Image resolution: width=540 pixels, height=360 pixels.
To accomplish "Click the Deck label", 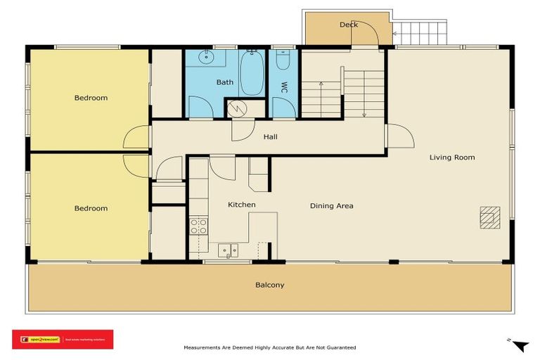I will [x=349, y=25].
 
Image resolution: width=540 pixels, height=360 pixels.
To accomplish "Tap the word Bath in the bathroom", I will [x=225, y=82].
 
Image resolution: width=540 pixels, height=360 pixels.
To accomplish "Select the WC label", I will [x=285, y=88].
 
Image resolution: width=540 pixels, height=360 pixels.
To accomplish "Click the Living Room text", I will [x=452, y=157].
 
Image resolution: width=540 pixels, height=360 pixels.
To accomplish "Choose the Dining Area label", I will [x=332, y=206].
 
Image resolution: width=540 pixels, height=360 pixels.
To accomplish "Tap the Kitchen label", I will [x=241, y=205].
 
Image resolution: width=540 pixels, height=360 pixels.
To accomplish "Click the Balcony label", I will [x=270, y=285].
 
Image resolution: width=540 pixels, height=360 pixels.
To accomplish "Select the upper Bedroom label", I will [x=91, y=98].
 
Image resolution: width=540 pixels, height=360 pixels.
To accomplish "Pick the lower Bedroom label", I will [x=91, y=208].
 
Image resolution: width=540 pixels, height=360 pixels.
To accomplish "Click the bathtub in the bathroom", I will [x=252, y=72].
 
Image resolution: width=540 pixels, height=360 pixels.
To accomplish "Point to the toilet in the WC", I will [x=283, y=62].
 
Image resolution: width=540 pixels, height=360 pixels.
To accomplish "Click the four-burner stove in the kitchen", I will [x=199, y=226].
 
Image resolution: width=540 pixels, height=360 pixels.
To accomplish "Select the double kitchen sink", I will [x=228, y=250].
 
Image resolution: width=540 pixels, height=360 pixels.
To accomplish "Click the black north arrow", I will [x=520, y=346].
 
